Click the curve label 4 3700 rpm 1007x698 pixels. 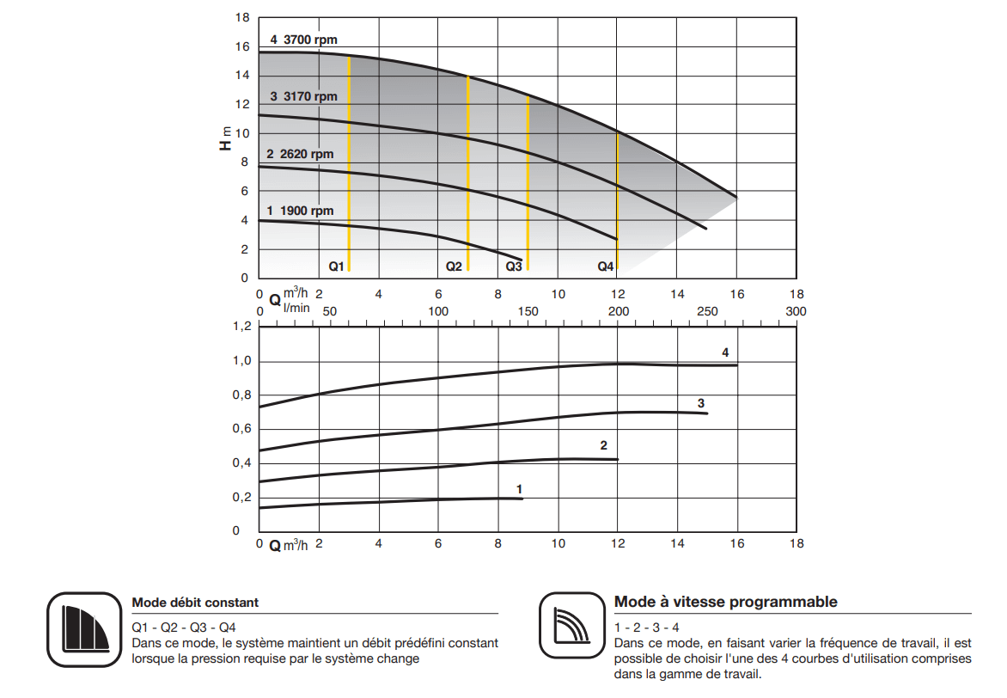click(x=303, y=40)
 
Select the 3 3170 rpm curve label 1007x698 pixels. click(x=303, y=97)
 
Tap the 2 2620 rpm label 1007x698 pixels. click(x=300, y=155)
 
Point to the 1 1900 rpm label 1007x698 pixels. click(x=300, y=211)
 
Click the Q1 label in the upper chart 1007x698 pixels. click(x=336, y=267)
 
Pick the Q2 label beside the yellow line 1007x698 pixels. click(x=454, y=267)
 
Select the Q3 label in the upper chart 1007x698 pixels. click(x=513, y=267)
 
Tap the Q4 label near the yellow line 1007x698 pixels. click(x=606, y=267)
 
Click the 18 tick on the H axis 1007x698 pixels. click(x=242, y=17)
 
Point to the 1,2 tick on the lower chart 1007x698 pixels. click(x=242, y=327)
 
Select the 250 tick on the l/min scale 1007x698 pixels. click(x=707, y=311)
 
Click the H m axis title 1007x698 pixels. click(x=225, y=138)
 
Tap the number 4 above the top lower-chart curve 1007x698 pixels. click(x=725, y=352)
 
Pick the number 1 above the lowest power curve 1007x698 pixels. click(x=520, y=488)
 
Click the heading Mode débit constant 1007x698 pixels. click(x=195, y=603)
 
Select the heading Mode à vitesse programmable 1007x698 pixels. click(x=725, y=602)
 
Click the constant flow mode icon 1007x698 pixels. click(x=82, y=630)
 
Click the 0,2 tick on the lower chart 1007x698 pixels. click(x=242, y=498)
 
